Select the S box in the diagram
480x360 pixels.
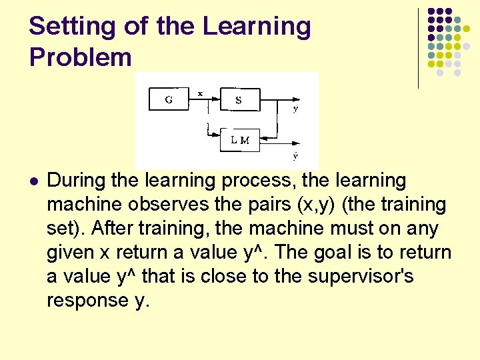coord(238,101)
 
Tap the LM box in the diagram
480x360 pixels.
coord(240,140)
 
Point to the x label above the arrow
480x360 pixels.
coord(200,94)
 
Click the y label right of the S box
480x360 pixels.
coord(295,108)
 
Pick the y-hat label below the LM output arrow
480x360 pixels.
coord(295,157)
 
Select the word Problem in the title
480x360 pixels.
coord(80,57)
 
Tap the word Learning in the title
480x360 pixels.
coord(257,27)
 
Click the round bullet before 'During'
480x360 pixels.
coord(34,181)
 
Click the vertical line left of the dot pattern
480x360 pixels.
coord(419,48)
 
